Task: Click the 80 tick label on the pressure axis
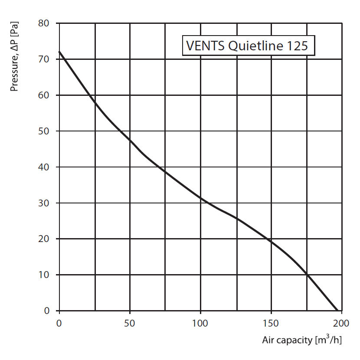click(x=46, y=23)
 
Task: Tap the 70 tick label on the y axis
click(x=46, y=59)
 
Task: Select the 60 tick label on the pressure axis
click(x=46, y=95)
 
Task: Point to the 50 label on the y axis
click(x=46, y=131)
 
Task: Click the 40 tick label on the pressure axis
click(x=46, y=167)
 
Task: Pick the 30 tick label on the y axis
click(x=46, y=203)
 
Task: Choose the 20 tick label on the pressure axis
click(x=46, y=239)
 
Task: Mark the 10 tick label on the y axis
click(x=46, y=275)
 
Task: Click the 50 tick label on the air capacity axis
click(x=130, y=323)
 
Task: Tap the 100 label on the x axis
click(x=200, y=323)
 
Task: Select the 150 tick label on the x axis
click(x=271, y=323)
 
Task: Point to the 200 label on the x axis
click(x=342, y=323)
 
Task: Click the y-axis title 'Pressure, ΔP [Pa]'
click(x=14, y=57)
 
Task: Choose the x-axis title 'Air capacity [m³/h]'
click(x=302, y=340)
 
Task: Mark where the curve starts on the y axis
click(x=59, y=52)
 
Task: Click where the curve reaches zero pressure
click(x=337, y=311)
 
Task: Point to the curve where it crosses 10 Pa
click(x=307, y=275)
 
